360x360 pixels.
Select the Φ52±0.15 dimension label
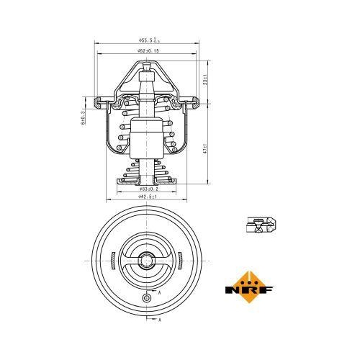coord(148,53)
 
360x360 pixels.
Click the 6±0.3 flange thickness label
coord(84,117)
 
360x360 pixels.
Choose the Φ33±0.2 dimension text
coord(149,189)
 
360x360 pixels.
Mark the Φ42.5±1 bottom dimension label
coord(149,197)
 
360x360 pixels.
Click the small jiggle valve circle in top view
coord(147,297)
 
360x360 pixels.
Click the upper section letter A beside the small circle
coord(158,294)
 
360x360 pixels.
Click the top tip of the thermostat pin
coord(148,64)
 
